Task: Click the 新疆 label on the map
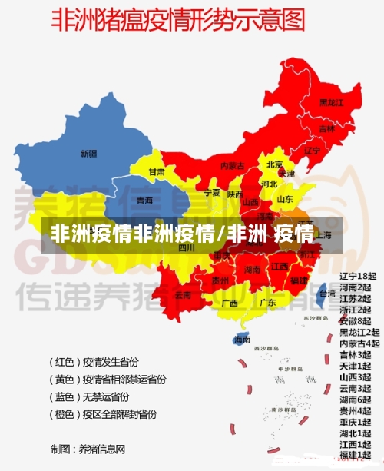[88, 154]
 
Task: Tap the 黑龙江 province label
[331, 102]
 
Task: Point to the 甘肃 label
[157, 172]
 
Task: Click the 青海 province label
[144, 201]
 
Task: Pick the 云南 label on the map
[183, 295]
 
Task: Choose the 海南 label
[242, 339]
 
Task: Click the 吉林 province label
[326, 128]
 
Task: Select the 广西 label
[229, 303]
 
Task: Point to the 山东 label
[284, 199]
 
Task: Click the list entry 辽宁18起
[359, 276]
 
